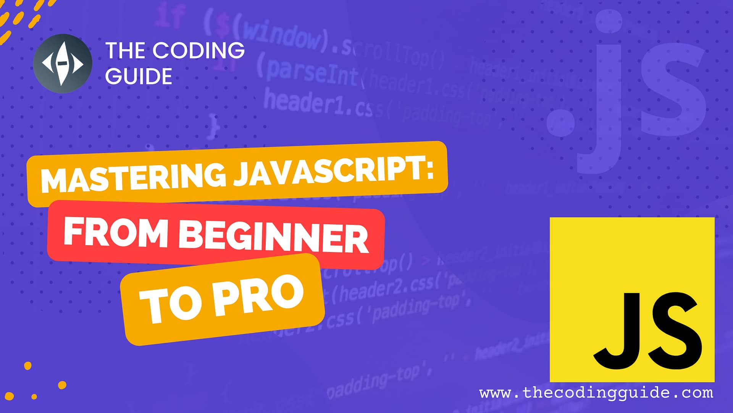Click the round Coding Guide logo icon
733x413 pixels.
pyautogui.click(x=62, y=63)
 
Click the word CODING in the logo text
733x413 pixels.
pyautogui.click(x=198, y=50)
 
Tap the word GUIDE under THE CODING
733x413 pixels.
pyautogui.click(x=138, y=76)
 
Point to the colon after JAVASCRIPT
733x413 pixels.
pyautogui.click(x=430, y=170)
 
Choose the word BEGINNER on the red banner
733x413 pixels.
pyautogui.click(x=273, y=237)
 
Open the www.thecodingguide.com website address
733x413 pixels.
pyautogui.click(x=596, y=393)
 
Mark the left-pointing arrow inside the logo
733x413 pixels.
pyautogui.click(x=48, y=63)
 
